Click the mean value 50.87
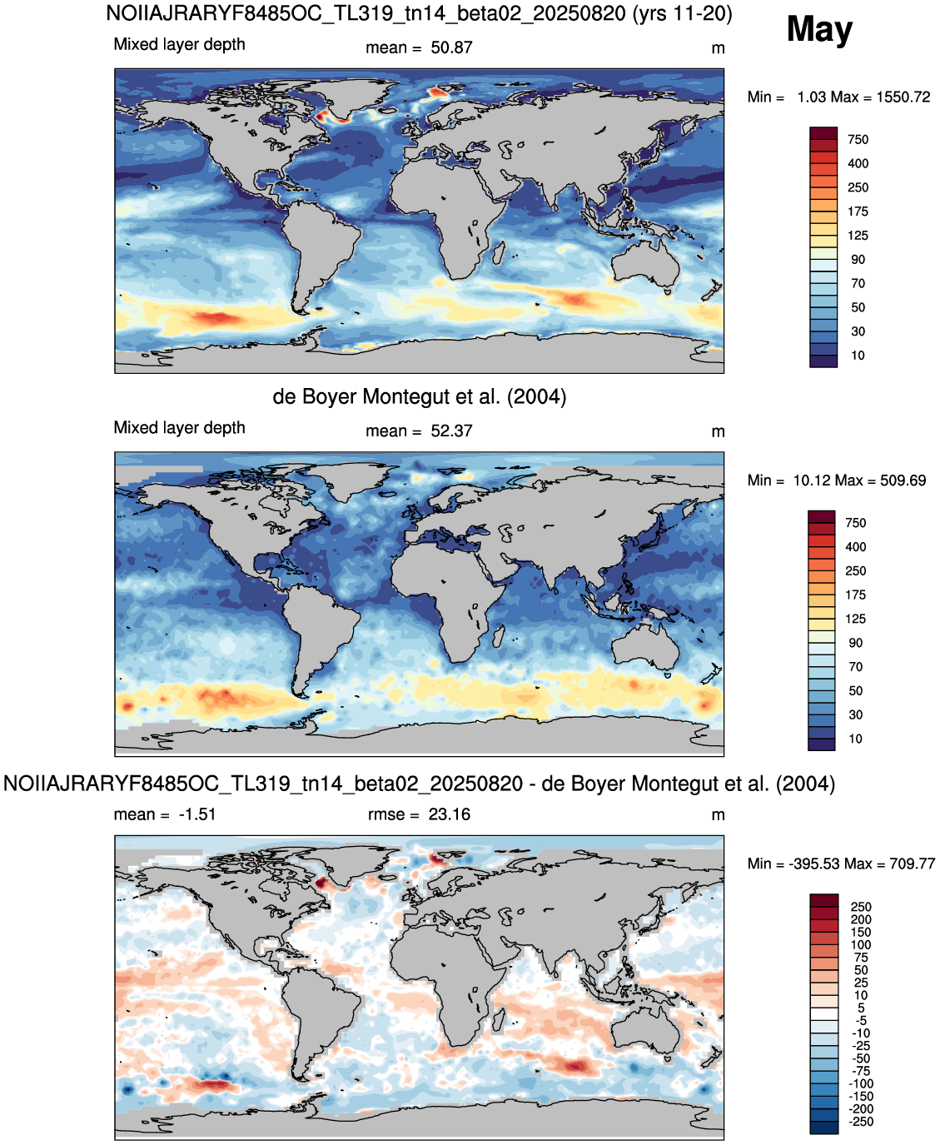point(451,47)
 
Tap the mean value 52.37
point(451,431)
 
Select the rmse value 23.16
point(450,814)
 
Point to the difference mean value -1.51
point(197,814)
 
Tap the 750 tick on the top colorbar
point(858,140)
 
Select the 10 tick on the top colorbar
point(858,355)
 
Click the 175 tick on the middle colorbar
point(855,595)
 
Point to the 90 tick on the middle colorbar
point(855,642)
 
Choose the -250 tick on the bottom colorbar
point(861,1122)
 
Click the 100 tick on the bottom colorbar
point(861,944)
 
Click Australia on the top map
point(646,265)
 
